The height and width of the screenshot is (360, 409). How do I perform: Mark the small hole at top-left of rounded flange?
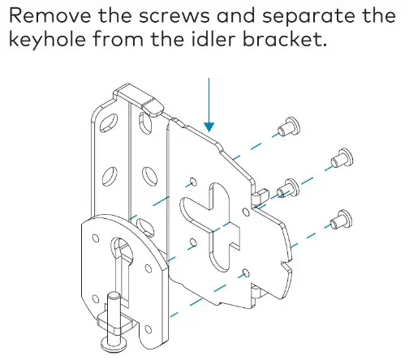pos(97,240)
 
